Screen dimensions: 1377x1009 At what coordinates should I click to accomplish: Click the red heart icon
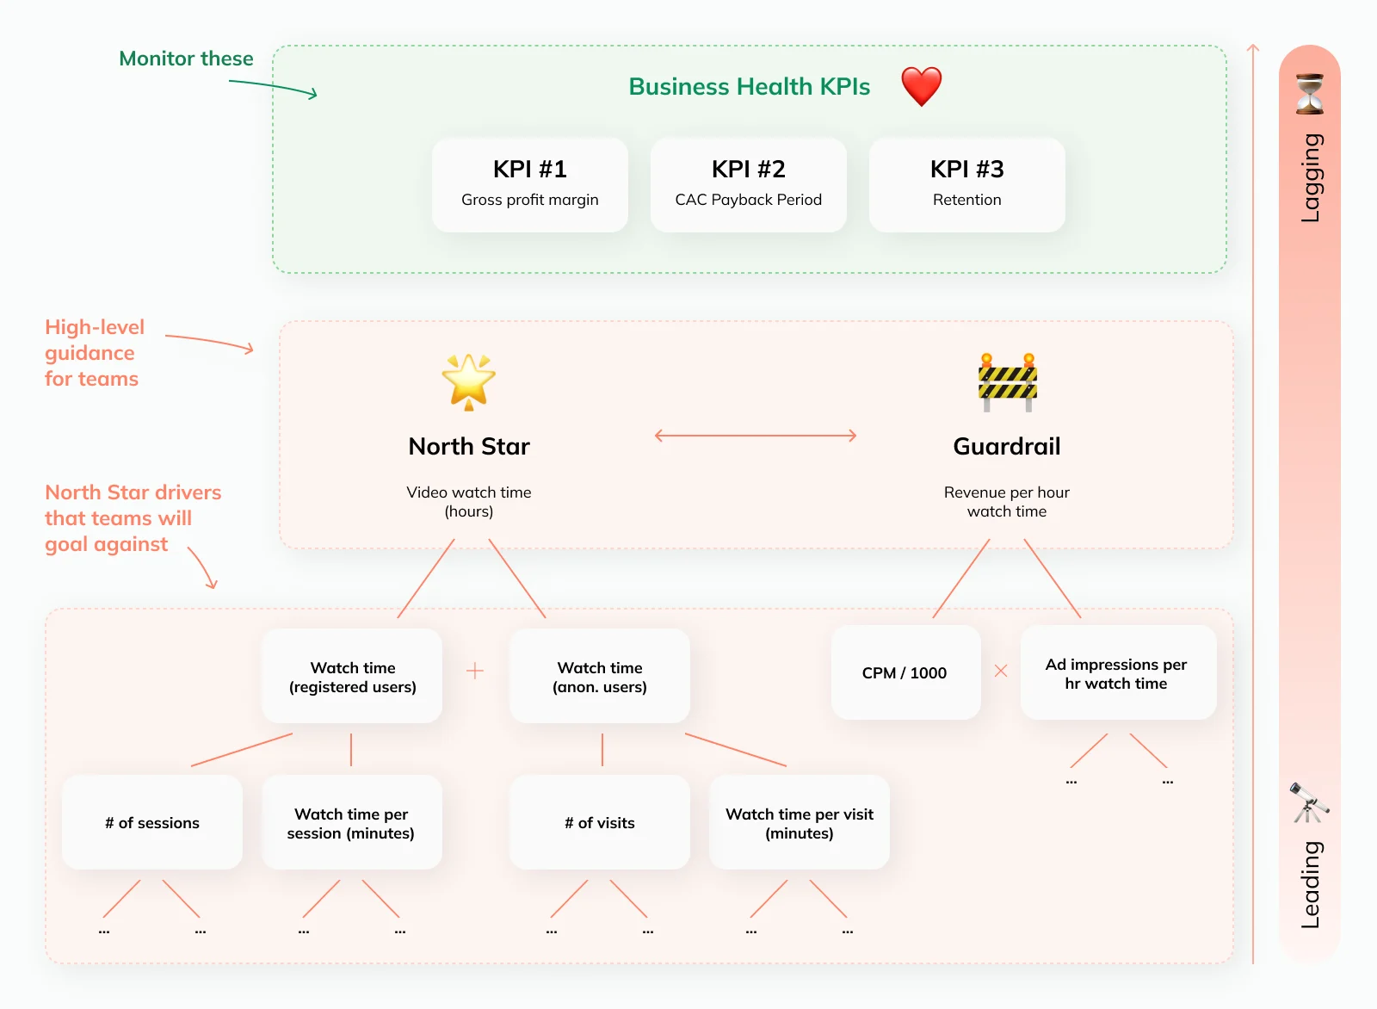click(921, 86)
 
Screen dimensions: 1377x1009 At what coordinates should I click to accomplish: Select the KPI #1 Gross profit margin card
click(530, 184)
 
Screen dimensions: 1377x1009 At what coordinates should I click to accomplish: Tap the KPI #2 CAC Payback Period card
click(748, 184)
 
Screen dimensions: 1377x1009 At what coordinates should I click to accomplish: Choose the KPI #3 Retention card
click(967, 184)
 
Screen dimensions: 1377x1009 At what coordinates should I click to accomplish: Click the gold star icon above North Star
click(468, 381)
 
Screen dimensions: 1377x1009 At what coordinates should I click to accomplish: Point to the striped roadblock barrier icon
click(1008, 382)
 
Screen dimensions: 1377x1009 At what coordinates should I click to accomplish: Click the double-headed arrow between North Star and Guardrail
click(756, 436)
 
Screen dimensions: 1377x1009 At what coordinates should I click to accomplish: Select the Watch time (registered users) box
click(352, 676)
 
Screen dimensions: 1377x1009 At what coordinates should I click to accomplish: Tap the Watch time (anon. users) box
click(599, 676)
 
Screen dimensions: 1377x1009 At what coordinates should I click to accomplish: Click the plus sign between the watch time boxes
click(474, 670)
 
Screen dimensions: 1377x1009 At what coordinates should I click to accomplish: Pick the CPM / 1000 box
click(905, 672)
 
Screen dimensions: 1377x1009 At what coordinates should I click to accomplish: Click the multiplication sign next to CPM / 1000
click(1001, 670)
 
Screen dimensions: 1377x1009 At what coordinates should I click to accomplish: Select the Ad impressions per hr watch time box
click(1118, 672)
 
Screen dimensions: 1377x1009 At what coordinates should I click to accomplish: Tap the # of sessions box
click(151, 822)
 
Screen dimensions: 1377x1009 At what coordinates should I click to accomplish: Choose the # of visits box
click(599, 822)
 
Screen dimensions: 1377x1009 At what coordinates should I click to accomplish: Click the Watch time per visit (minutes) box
click(800, 822)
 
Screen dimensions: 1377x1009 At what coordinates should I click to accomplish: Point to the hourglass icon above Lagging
click(1309, 94)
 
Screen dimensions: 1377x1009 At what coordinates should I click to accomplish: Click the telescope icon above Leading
click(1309, 802)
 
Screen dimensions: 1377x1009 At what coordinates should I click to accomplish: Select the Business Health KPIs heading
click(749, 86)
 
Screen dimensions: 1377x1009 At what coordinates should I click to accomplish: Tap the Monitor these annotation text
click(186, 59)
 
